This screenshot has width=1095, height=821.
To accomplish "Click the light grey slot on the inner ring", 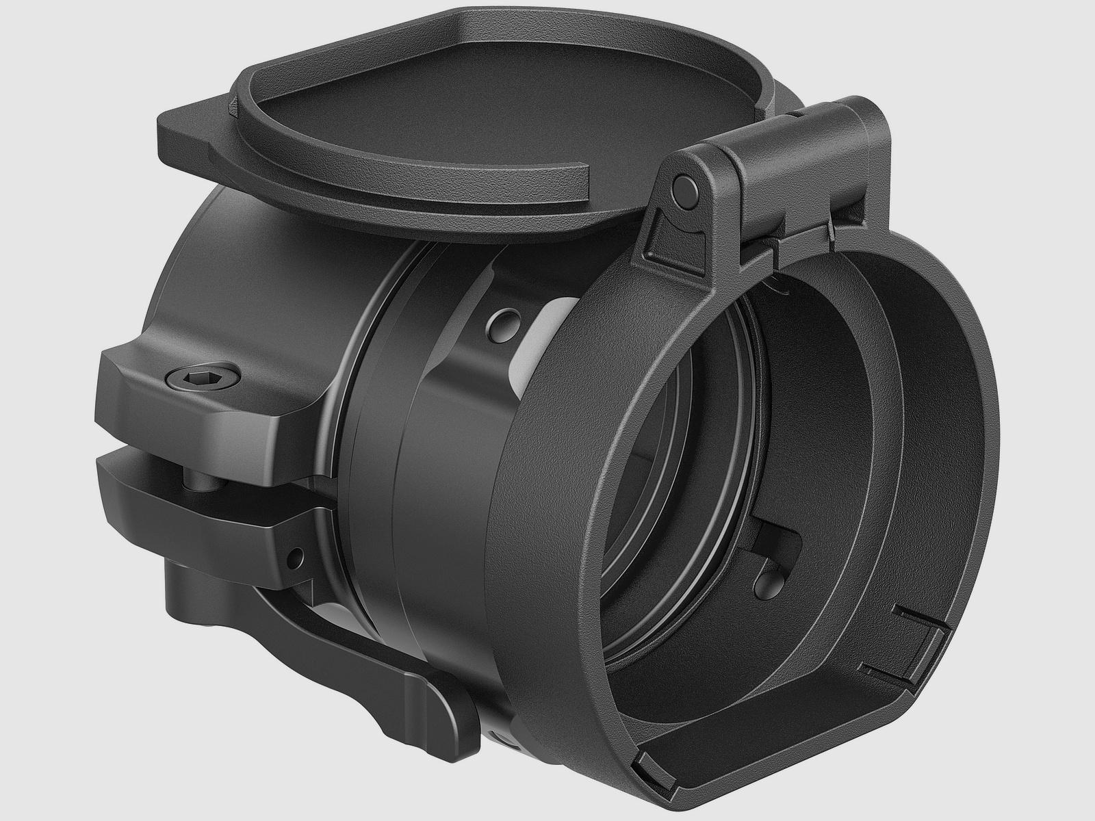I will [x=541, y=335].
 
